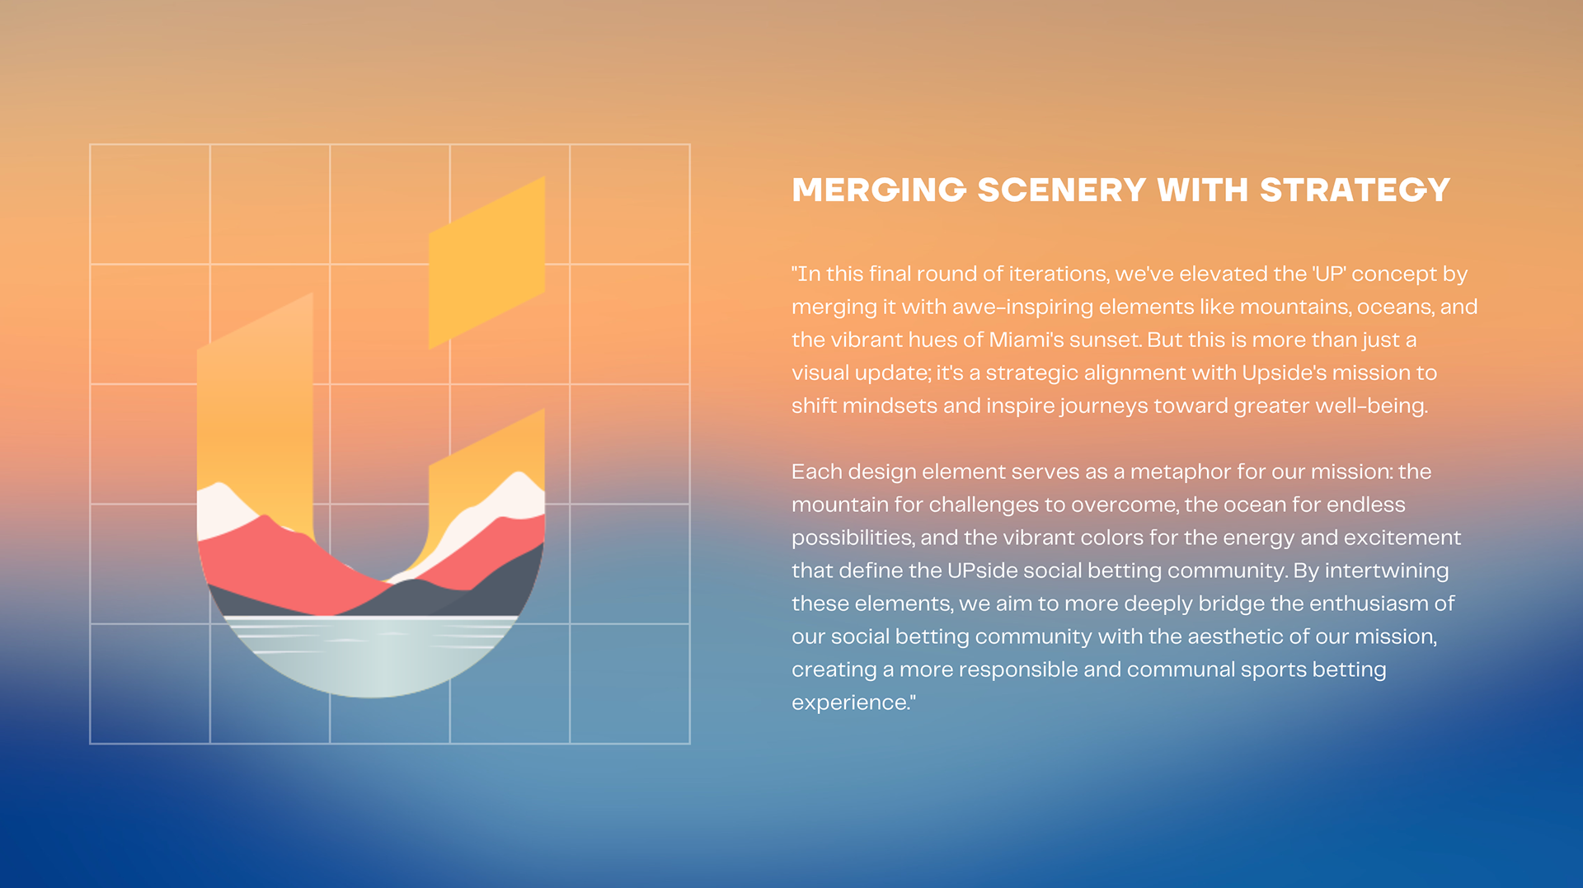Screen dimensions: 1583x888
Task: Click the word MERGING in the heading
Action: tap(878, 190)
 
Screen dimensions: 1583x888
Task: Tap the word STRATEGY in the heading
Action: tap(1355, 190)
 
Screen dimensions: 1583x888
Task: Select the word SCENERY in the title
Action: tap(1061, 190)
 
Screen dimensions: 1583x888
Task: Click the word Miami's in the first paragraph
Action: tap(1020, 340)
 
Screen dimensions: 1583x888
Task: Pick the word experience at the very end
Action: tap(851, 702)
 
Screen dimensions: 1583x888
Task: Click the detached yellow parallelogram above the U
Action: tap(486, 262)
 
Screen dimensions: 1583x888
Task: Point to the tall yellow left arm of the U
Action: tap(255, 396)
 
